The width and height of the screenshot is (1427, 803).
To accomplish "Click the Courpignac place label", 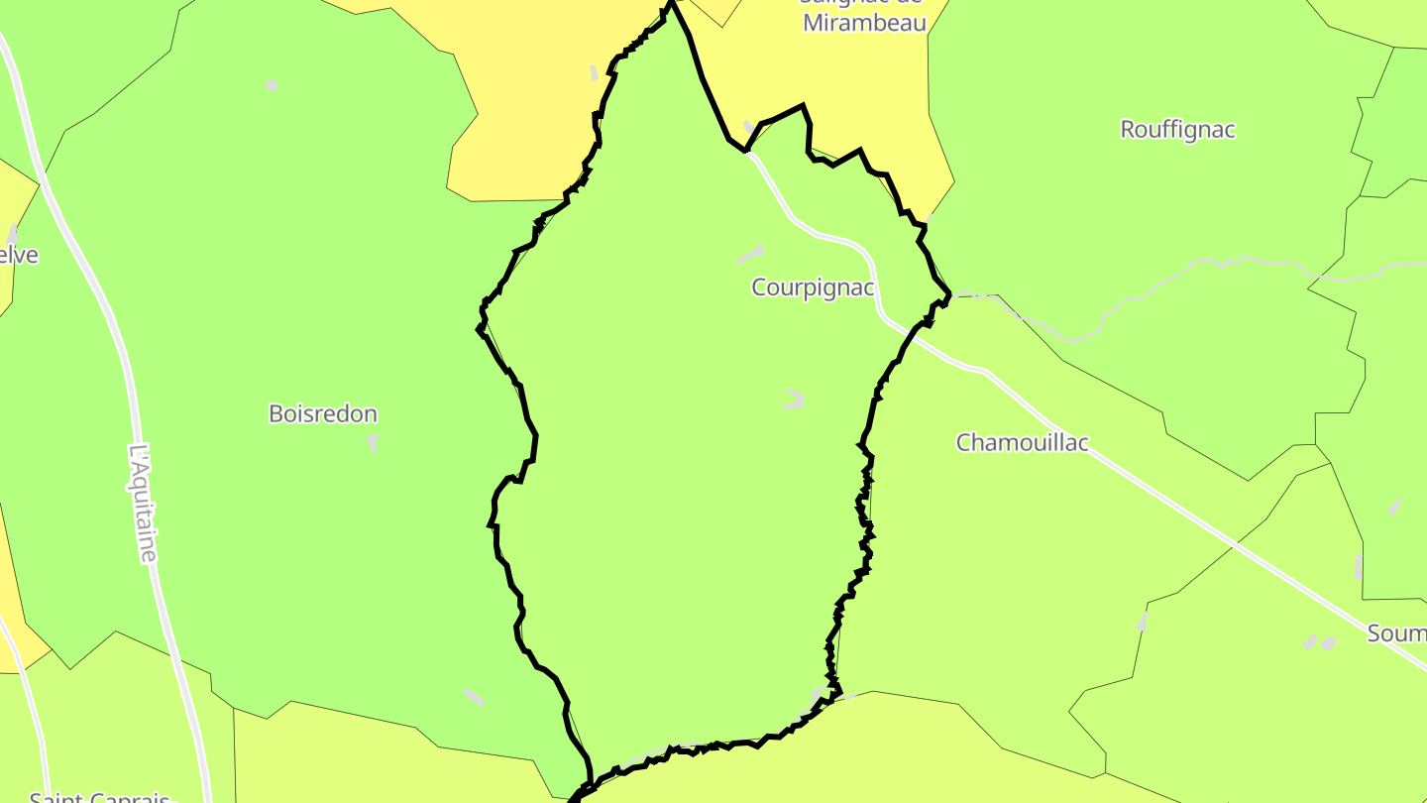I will point(813,287).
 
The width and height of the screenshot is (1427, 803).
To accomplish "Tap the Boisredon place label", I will point(323,414).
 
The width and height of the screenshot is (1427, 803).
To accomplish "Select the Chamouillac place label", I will point(1022,442).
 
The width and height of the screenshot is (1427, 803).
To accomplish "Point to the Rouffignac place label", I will point(1177,130).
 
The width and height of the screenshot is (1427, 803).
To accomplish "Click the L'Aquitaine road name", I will point(144,504).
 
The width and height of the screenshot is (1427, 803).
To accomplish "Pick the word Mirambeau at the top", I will point(864,23).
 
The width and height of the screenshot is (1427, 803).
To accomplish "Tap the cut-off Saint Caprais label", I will point(99,796).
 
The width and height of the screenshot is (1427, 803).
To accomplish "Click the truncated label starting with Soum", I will point(1397,633).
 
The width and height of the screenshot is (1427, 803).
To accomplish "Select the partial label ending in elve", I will point(20,255).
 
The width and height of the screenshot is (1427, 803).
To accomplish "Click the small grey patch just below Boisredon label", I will point(373,441).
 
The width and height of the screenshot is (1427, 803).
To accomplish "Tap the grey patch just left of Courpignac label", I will point(750,256).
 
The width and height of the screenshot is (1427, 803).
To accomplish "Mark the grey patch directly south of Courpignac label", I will point(793,400).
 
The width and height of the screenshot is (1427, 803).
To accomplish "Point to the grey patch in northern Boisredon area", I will point(272,86).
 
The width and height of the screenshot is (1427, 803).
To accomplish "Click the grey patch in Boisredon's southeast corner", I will point(474,697).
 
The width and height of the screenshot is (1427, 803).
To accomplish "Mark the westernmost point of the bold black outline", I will point(479,329).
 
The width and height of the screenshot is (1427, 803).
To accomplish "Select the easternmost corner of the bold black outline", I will point(950,294).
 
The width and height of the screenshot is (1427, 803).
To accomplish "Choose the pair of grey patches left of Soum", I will point(1319,642).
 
